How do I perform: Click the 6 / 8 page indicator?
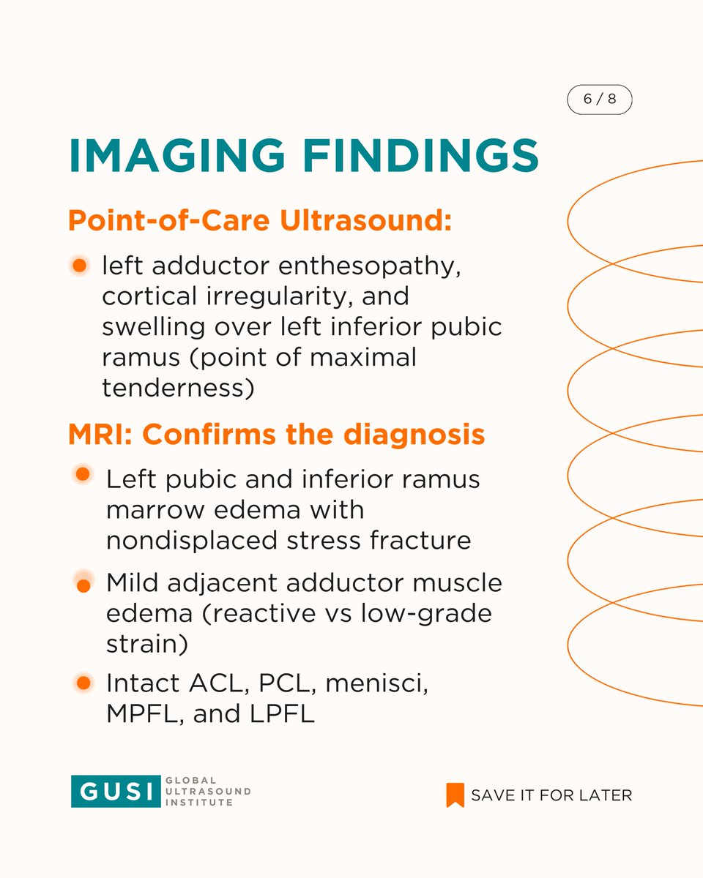[x=599, y=101]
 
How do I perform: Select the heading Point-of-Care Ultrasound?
[x=260, y=221]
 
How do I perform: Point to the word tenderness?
[x=178, y=388]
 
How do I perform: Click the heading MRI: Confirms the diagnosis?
[x=276, y=435]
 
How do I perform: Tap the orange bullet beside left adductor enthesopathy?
[x=81, y=264]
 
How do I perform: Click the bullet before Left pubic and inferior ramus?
[x=83, y=474]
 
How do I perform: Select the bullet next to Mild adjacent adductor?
[x=83, y=585]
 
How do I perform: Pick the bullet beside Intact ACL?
[x=83, y=683]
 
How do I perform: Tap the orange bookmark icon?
[x=455, y=795]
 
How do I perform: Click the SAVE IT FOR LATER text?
[x=551, y=795]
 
